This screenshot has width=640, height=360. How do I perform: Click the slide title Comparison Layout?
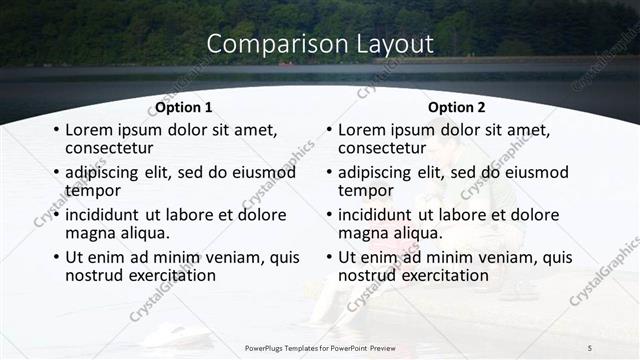[320, 44]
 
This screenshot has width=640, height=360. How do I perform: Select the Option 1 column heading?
[184, 107]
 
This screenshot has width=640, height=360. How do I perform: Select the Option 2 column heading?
[457, 107]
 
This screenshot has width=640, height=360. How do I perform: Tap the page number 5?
[590, 347]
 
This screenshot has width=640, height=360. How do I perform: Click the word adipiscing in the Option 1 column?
[105, 172]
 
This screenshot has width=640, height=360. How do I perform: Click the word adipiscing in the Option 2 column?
[378, 172]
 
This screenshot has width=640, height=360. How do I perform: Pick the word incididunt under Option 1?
[105, 214]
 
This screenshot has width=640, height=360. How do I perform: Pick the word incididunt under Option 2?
[378, 214]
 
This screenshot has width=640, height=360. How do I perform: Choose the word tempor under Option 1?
[93, 189]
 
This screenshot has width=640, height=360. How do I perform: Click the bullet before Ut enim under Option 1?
[56, 258]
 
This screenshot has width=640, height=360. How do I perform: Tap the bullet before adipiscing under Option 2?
[329, 173]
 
